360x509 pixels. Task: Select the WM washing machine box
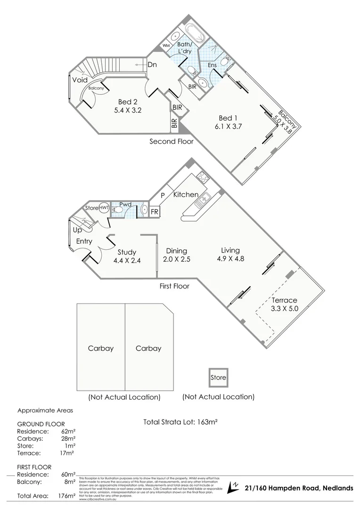point(166,45)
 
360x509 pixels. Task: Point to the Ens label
point(212,65)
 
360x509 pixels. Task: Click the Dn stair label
point(152,65)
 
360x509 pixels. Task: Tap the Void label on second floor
point(80,80)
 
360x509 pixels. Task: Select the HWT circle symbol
point(104,207)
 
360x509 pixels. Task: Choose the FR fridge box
point(154,212)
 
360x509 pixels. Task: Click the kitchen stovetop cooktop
point(203,178)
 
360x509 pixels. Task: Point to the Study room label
point(127,251)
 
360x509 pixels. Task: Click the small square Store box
point(219,377)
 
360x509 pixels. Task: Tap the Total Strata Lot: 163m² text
point(180,422)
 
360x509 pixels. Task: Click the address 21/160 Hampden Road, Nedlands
point(299,488)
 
